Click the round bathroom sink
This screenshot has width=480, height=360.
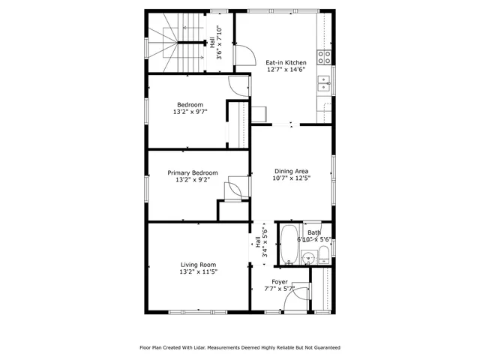click(306, 257)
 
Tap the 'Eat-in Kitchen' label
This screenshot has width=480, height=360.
click(286, 63)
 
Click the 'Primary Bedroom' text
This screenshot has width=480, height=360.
click(193, 173)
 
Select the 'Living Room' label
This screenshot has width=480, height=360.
click(198, 265)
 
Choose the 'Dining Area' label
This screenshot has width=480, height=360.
click(291, 171)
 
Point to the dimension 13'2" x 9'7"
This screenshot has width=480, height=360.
click(190, 112)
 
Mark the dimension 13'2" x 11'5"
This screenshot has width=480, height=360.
click(198, 272)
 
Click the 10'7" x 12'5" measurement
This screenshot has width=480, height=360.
click(291, 178)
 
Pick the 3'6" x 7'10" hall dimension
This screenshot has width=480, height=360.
click(218, 43)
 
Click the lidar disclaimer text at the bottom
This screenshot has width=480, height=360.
click(240, 347)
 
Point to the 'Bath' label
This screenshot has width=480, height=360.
click(313, 232)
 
